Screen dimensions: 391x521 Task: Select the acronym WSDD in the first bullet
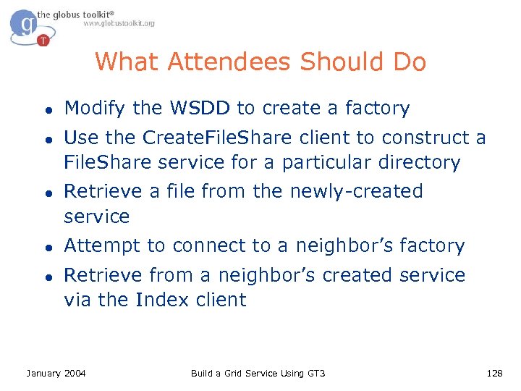pos(200,109)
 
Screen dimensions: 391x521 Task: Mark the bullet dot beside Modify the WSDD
pos(46,110)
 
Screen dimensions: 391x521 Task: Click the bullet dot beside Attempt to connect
pos(46,248)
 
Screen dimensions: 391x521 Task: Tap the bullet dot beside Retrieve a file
pos(46,193)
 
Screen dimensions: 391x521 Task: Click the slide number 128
pos(495,373)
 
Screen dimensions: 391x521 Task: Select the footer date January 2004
pos(56,373)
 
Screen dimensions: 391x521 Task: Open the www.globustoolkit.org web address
pos(119,24)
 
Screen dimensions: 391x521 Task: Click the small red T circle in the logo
pos(43,41)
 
